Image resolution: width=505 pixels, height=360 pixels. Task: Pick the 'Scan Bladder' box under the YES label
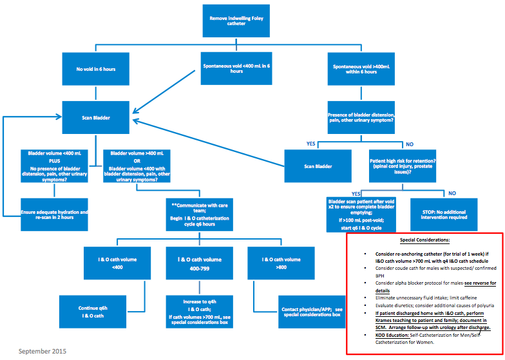(318, 166)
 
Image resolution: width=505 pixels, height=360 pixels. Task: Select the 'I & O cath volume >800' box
(281, 263)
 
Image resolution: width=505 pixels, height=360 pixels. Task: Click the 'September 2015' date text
(42, 351)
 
